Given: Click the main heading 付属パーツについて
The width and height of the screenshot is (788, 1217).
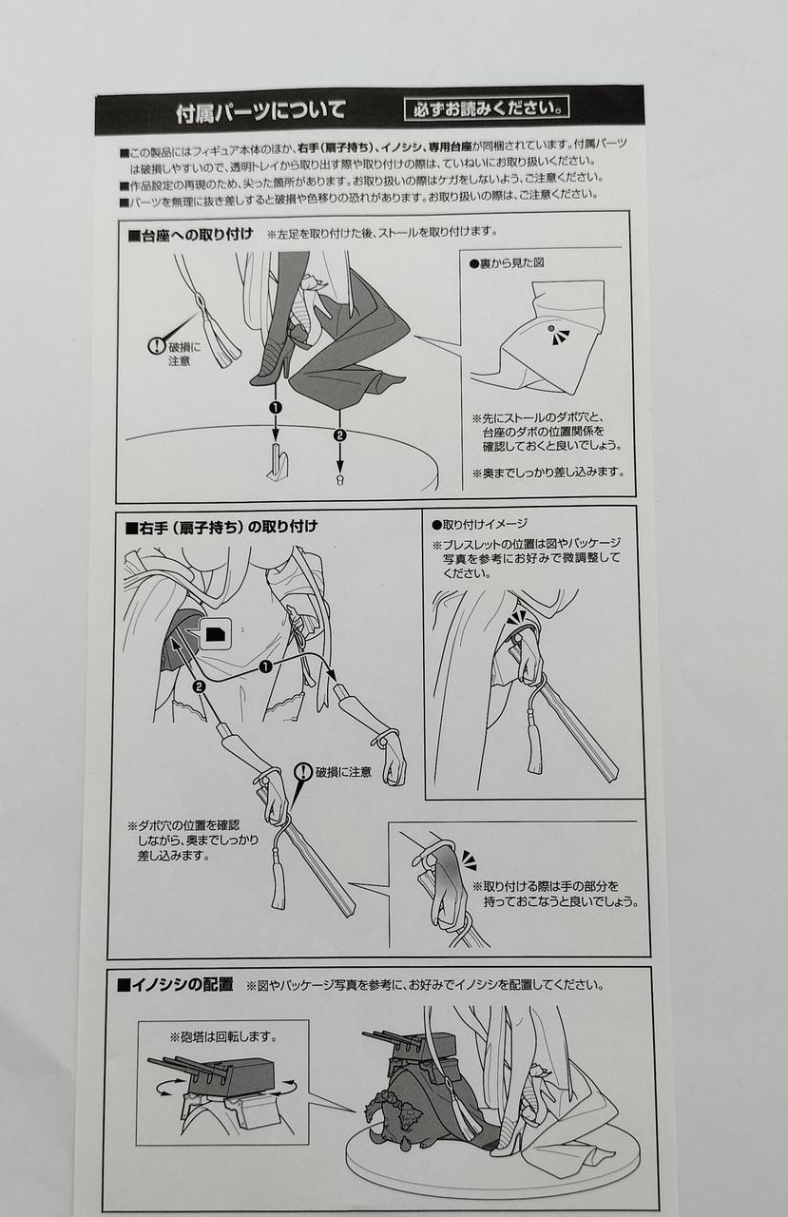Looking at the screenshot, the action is coord(260,111).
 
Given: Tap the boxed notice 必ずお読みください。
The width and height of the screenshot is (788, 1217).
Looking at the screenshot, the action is coord(487,108).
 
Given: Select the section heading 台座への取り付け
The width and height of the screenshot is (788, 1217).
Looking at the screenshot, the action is coord(191,235).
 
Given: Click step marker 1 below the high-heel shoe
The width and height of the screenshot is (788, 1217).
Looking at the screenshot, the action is coord(276,408).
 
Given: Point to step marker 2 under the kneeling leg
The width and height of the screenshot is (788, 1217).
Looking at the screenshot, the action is coord(340,435).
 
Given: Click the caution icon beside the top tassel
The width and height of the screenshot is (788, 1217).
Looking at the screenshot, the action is coord(157,345).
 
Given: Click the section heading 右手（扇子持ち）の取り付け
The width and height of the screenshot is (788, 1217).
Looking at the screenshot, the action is coord(221,527).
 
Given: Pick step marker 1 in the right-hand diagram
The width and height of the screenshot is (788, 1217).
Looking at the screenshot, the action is coord(265,666).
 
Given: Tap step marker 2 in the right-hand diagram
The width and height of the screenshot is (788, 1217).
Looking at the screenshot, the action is coord(200,686).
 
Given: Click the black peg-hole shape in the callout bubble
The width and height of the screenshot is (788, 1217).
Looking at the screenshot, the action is coord(215,633).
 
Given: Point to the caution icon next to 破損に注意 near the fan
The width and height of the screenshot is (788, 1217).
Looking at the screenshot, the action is coord(303,772).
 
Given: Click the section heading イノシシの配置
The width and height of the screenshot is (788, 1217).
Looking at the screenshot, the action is coord(176,985).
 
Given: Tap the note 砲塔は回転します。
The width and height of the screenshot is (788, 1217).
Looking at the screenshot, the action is coord(223,1036).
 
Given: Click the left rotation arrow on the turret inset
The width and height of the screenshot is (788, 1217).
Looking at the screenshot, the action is coord(167,1087).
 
